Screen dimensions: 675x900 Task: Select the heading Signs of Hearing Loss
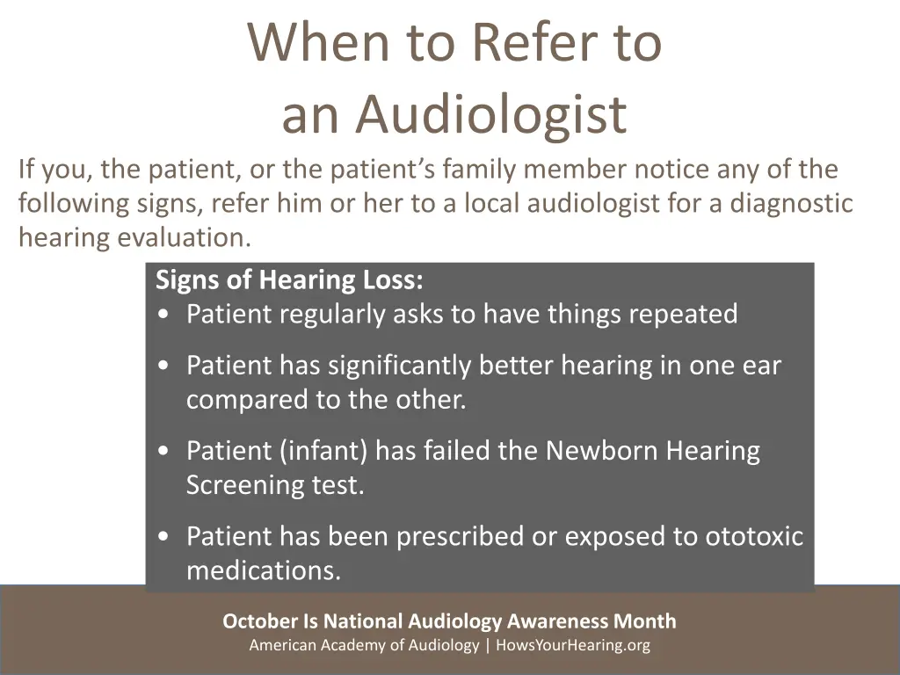tap(289, 280)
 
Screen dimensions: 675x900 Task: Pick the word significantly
tap(386, 366)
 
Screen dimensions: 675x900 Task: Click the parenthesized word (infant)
tap(324, 451)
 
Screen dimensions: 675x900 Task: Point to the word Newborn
tap(602, 451)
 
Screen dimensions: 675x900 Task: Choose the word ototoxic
tap(754, 536)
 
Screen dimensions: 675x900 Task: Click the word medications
tap(264, 571)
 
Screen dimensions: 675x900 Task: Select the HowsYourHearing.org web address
tap(573, 646)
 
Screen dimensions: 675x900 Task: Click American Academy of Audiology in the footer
tap(364, 646)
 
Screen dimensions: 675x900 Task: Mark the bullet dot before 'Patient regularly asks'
tap(165, 315)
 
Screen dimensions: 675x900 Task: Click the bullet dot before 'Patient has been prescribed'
tap(165, 537)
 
